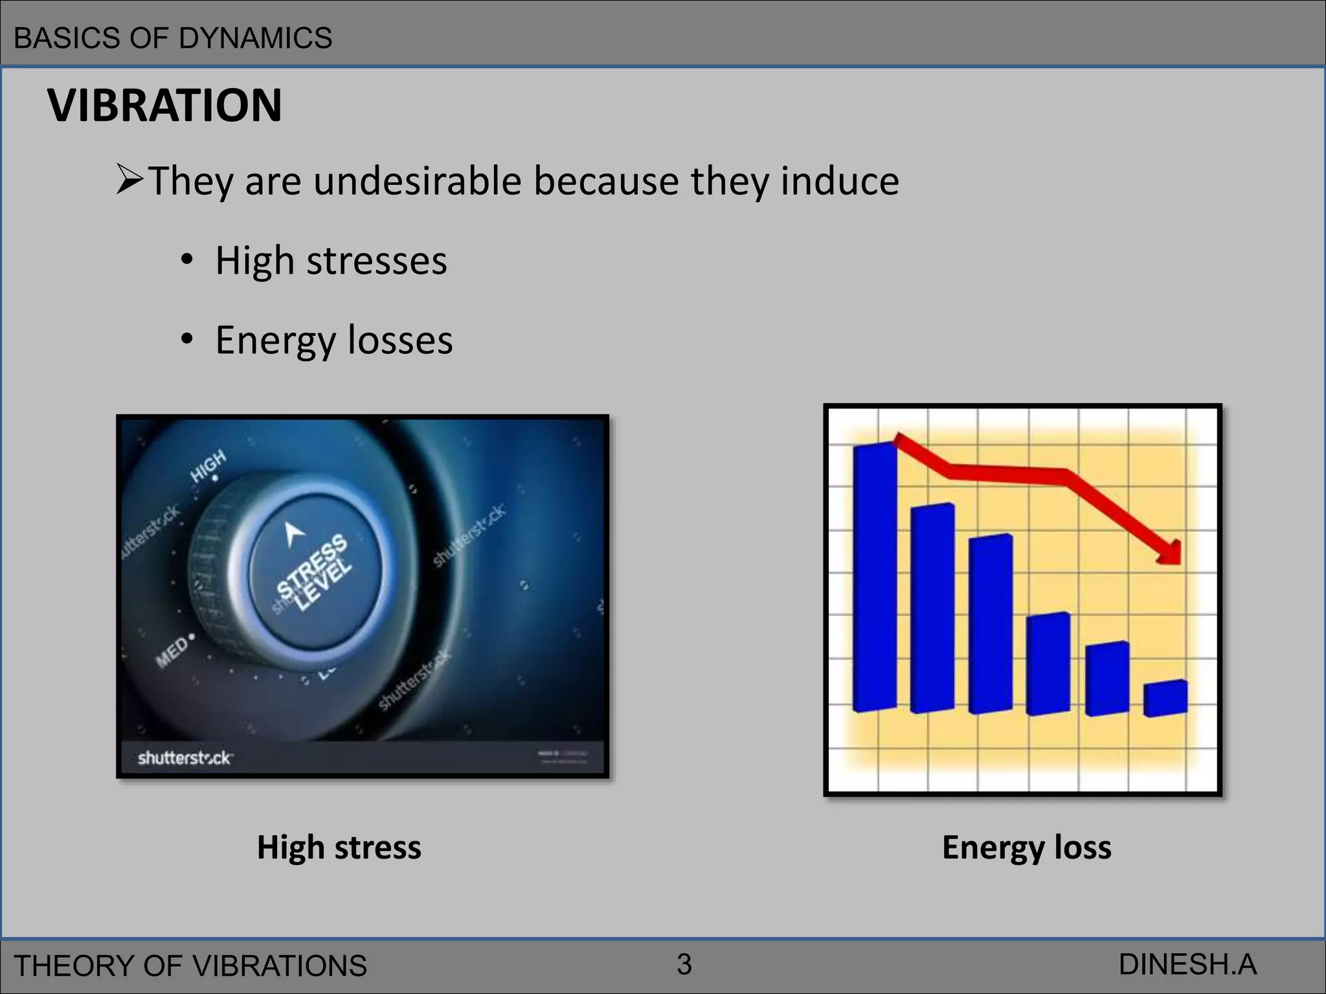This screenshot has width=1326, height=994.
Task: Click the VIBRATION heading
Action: (x=164, y=105)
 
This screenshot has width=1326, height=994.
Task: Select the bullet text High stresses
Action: (x=330, y=261)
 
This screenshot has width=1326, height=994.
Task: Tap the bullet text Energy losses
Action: (x=333, y=340)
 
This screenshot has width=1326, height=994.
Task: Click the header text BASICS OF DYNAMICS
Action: (x=173, y=38)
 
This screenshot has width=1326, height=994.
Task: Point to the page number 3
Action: (x=684, y=965)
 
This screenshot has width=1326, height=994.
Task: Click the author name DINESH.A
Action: (x=1187, y=965)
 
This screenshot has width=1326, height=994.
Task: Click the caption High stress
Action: (x=339, y=847)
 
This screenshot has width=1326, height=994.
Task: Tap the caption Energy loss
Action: (x=1026, y=847)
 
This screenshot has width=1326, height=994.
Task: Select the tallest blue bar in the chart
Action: (x=875, y=576)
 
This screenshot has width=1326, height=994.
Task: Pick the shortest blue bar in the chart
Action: (x=1165, y=699)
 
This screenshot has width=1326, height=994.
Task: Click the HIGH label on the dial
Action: (x=208, y=465)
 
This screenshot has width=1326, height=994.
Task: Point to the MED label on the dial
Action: (x=172, y=651)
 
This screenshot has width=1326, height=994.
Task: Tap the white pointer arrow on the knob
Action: (x=294, y=534)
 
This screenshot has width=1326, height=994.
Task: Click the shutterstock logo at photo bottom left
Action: (x=185, y=757)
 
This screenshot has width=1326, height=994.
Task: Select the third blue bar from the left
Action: (x=991, y=624)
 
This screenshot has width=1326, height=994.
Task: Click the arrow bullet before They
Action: (x=129, y=181)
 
